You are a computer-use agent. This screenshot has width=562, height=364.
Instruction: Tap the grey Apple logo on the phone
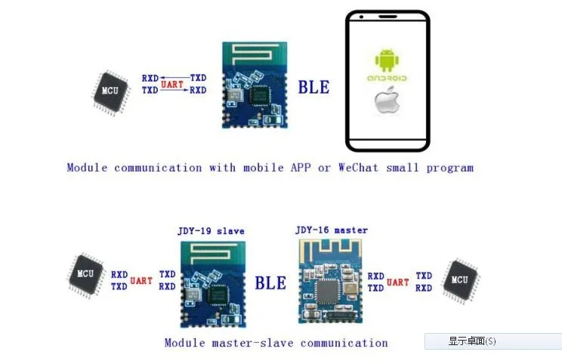[387, 100]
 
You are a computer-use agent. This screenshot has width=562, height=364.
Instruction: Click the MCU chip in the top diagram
[110, 92]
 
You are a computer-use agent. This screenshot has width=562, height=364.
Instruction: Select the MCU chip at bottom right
[461, 281]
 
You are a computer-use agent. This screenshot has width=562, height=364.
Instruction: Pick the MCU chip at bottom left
[86, 275]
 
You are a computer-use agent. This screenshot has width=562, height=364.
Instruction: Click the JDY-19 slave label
[211, 231]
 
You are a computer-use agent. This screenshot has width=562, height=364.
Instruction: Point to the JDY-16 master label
[332, 230]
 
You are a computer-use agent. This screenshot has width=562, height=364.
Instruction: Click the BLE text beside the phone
[313, 88]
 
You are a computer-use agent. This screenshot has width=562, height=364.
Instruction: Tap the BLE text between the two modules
[270, 283]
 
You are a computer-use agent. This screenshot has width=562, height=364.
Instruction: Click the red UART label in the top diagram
[172, 85]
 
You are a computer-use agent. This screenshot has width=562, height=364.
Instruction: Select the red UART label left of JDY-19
[141, 280]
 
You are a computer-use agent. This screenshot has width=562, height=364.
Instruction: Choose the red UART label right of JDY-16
[398, 282]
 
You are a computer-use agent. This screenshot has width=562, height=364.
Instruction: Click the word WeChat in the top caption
[358, 168]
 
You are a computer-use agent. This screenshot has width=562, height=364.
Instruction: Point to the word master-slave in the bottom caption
[253, 343]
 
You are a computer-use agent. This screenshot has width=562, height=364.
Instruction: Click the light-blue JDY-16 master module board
[330, 281]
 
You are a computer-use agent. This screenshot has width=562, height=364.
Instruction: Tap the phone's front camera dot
[361, 17]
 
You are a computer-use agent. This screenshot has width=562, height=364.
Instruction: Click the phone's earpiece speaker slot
[388, 17]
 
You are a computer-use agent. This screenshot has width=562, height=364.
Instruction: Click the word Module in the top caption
[87, 168]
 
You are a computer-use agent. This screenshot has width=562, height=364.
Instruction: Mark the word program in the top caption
[450, 168]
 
